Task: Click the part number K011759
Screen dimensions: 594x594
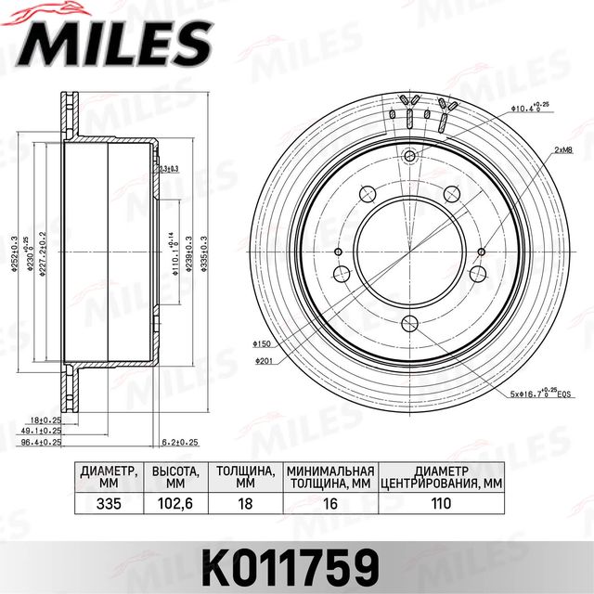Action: [x=296, y=562]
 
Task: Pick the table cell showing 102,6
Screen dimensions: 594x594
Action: [x=176, y=504]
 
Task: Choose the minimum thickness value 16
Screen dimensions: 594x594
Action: [x=329, y=504]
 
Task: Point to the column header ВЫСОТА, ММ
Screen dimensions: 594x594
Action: [x=176, y=477]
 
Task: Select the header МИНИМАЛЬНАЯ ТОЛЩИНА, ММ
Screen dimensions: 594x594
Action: [x=329, y=477]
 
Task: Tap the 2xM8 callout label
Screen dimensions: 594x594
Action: [x=562, y=148]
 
